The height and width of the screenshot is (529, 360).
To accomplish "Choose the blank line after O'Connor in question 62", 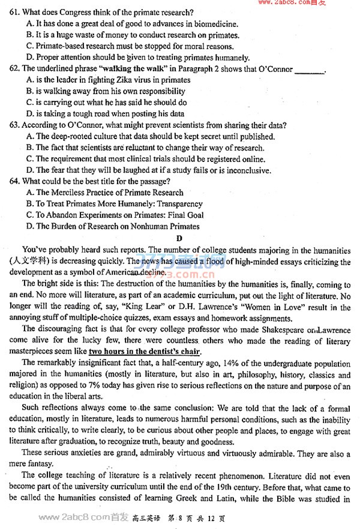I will [310, 70].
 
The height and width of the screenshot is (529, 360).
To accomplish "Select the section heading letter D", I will [179, 238].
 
